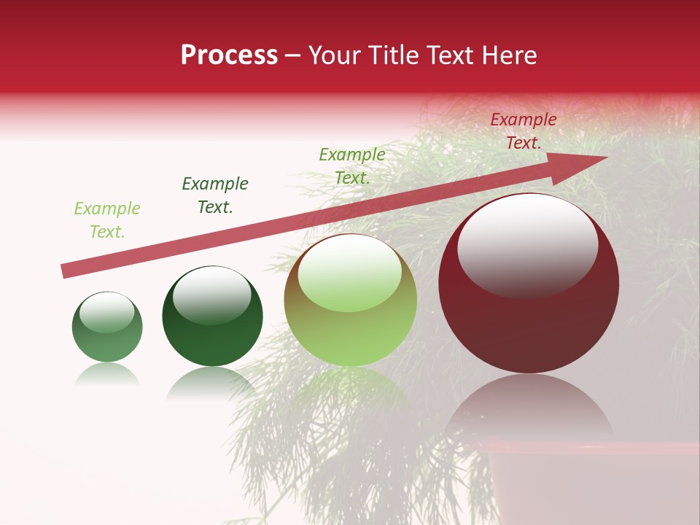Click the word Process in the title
(229, 55)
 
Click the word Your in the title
(336, 55)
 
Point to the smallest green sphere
(107, 327)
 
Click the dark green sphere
(212, 317)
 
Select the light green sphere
(350, 300)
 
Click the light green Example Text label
(107, 220)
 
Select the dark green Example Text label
(215, 195)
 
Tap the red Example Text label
(524, 131)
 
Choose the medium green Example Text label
(352, 166)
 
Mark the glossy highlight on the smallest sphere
(107, 312)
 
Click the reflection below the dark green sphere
(212, 383)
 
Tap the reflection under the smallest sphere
(107, 374)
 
